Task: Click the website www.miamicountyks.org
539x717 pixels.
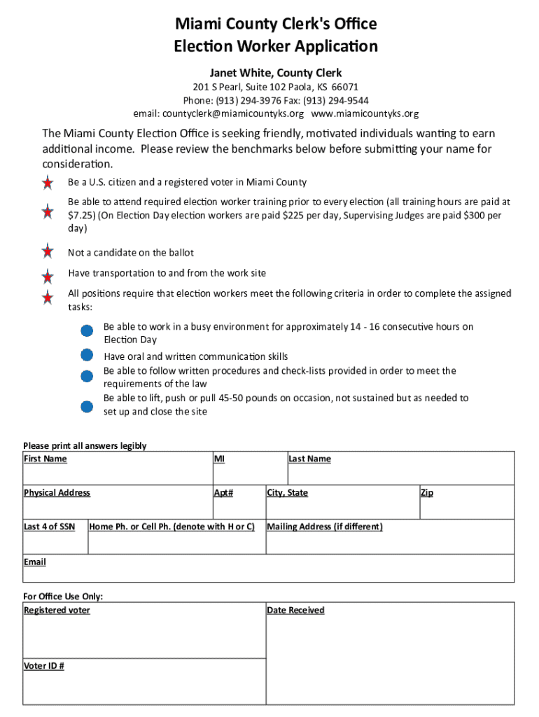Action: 365,113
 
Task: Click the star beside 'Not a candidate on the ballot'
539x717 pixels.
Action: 48,251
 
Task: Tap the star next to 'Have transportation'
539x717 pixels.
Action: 48,276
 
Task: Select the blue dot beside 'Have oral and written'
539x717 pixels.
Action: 87,355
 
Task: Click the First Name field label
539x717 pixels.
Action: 45,459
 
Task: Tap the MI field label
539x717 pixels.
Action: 219,459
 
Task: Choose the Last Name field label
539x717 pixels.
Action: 309,459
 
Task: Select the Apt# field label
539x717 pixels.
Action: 223,493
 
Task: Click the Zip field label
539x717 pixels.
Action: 426,493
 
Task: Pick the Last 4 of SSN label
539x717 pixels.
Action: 49,527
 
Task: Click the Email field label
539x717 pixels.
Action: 35,562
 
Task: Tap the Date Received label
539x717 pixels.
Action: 295,611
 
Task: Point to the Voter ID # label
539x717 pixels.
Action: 44,666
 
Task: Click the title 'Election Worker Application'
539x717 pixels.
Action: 276,47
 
